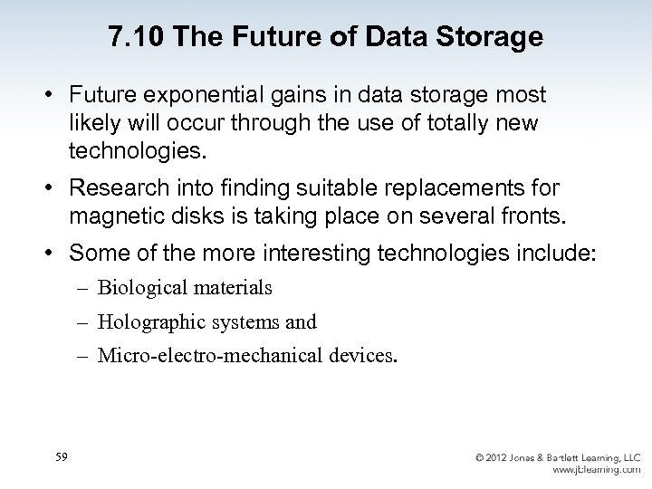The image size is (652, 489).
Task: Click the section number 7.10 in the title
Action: (x=134, y=37)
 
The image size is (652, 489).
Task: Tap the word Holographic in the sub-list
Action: (x=149, y=321)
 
